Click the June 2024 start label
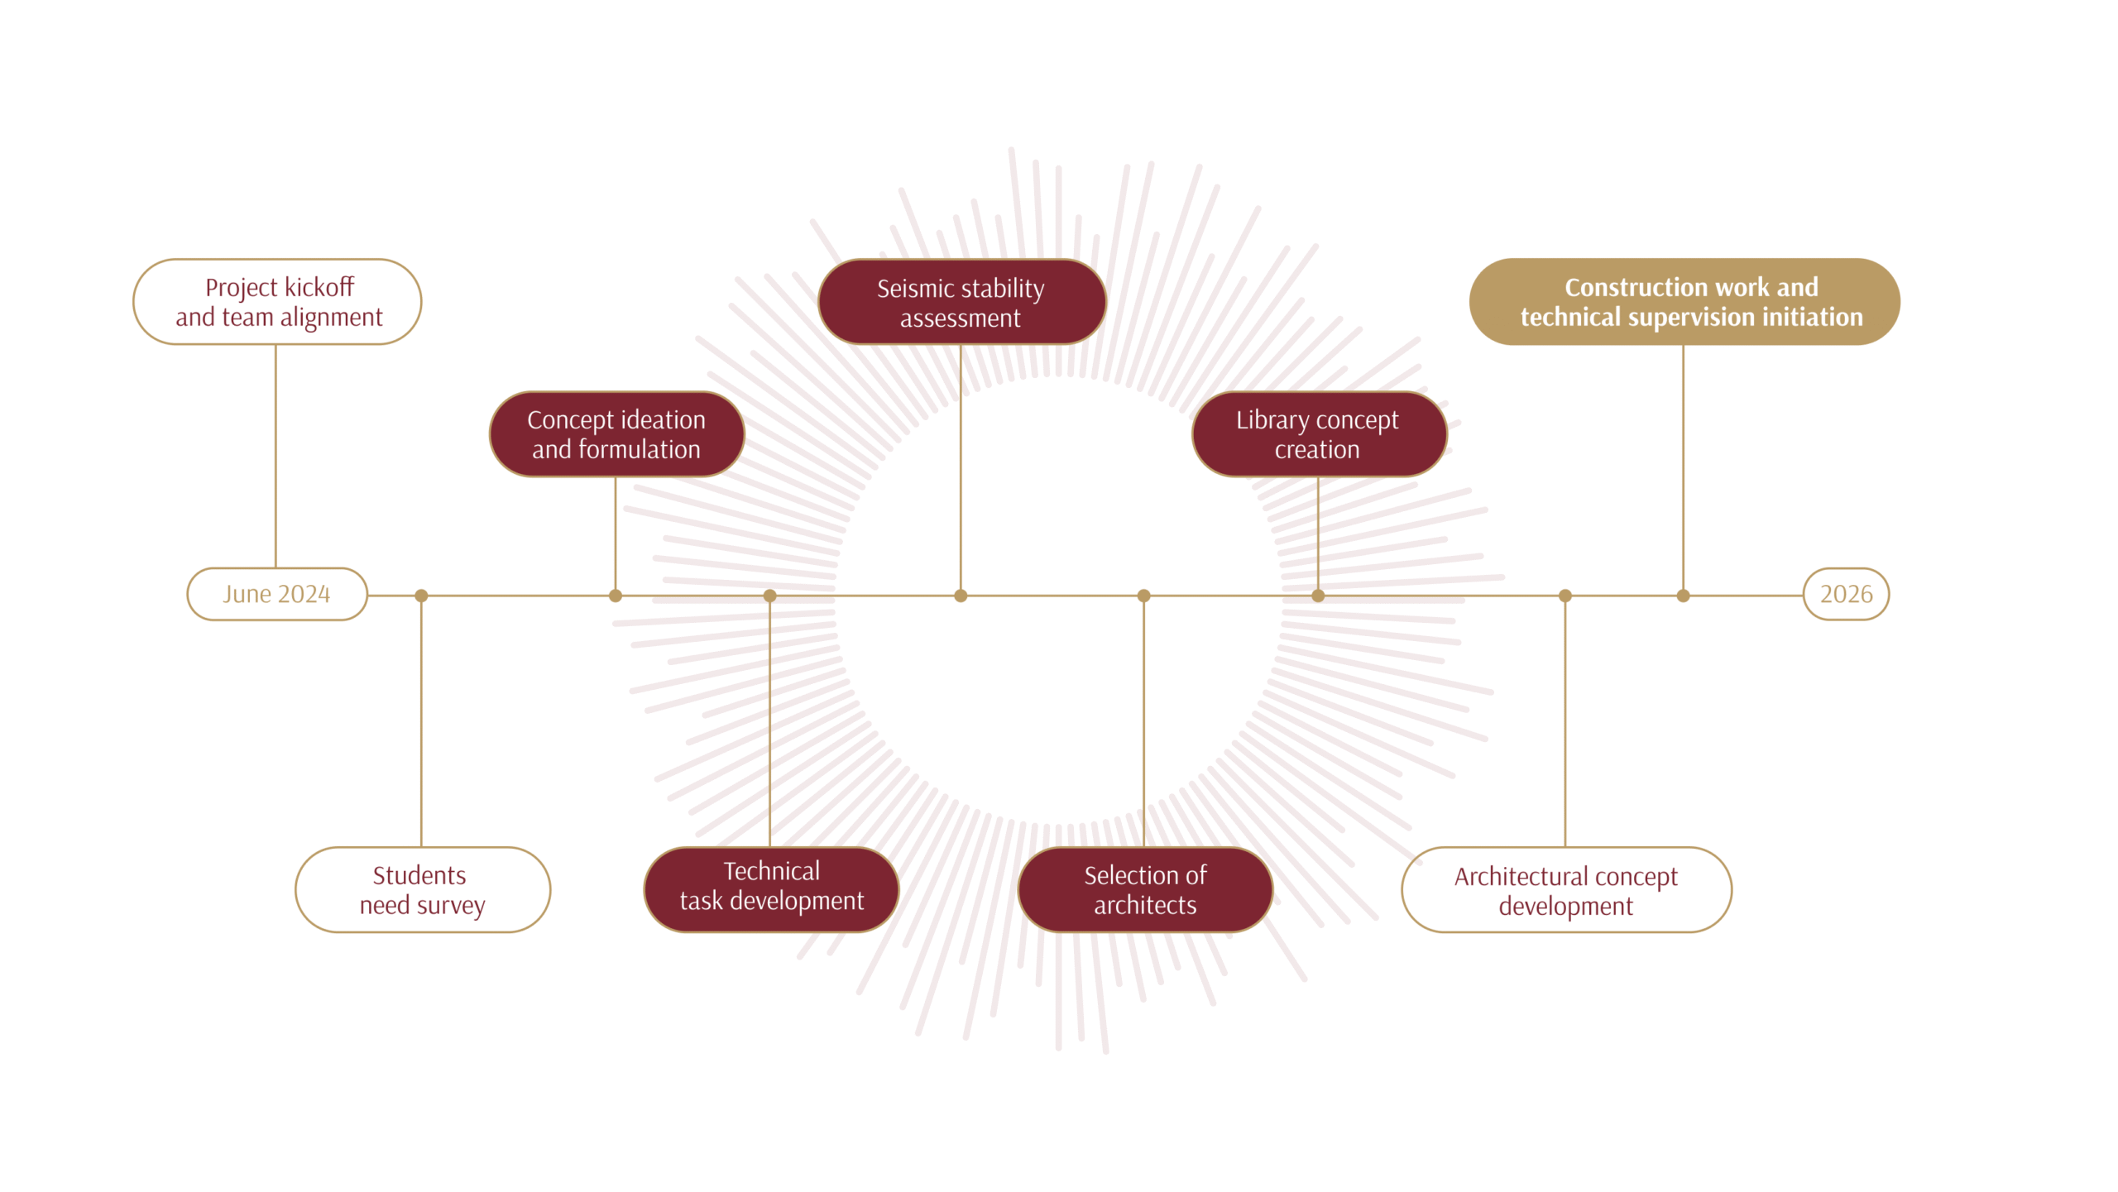tap(277, 594)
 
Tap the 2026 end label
tap(1846, 594)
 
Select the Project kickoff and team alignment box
tap(277, 302)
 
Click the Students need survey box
tap(423, 890)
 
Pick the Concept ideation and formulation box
tap(616, 434)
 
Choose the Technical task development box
tap(771, 890)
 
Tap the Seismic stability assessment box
tap(961, 302)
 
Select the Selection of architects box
tap(1145, 890)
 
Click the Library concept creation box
tap(1319, 434)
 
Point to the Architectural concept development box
tap(1566, 890)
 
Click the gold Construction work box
tap(1684, 302)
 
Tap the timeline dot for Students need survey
tap(421, 596)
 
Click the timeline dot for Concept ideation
tap(616, 596)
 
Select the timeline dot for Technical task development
tap(769, 596)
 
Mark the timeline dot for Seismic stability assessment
tap(961, 596)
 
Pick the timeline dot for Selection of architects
tap(1144, 596)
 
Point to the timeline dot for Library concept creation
tap(1318, 596)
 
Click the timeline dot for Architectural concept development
tap(1565, 596)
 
